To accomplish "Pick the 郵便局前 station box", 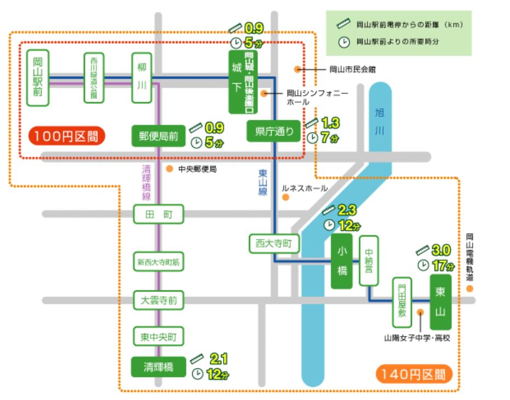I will (x=158, y=136).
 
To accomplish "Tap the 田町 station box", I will (x=158, y=214).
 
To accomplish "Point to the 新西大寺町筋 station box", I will (x=158, y=262).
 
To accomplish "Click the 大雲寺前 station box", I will (x=158, y=300).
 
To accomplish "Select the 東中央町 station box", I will (x=158, y=335).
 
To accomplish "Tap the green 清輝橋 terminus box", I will (x=158, y=367).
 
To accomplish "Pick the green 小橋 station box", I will (x=342, y=261).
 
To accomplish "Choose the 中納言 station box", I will (x=369, y=261).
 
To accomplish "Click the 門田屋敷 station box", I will (x=402, y=302).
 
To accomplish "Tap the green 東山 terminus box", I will (x=440, y=302).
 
